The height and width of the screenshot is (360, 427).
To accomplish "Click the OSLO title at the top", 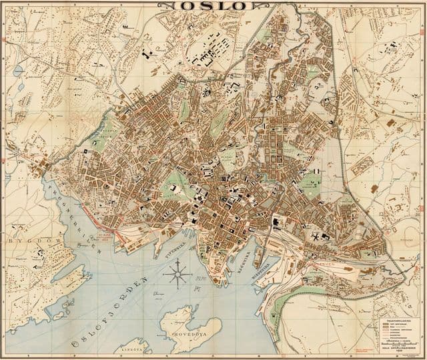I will coord(213,6).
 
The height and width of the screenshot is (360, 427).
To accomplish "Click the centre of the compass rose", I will coord(177,273).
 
